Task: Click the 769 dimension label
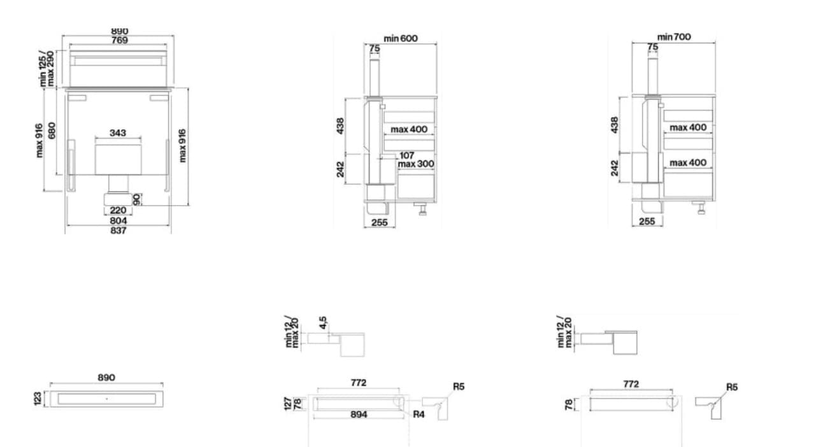[119, 40]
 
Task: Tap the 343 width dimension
[118, 132]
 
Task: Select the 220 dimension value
[118, 210]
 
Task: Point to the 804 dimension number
[118, 220]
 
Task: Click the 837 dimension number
[118, 231]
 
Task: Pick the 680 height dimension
[52, 131]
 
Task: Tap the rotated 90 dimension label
[136, 199]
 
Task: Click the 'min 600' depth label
[401, 38]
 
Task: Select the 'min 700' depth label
[674, 37]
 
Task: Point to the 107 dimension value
[407, 155]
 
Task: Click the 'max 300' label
[416, 164]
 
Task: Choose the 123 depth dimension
[38, 399]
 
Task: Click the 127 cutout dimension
[288, 404]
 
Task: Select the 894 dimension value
[358, 415]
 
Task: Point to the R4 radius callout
[419, 415]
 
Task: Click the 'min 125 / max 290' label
[47, 69]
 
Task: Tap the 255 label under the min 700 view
[647, 221]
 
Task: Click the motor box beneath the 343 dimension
[118, 159]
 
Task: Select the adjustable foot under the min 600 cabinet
[422, 208]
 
